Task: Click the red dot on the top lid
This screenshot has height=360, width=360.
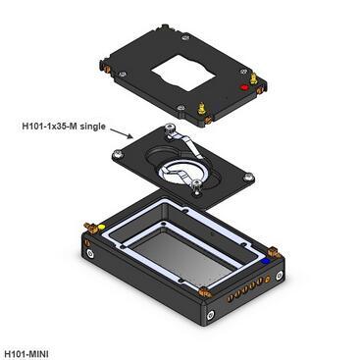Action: pos(244,87)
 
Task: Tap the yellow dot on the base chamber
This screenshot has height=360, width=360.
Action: pos(101,227)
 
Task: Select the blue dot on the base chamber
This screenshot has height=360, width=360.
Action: pos(266,261)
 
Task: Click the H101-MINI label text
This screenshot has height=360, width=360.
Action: pos(26,354)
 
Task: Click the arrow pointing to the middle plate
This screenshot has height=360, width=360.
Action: pos(122,133)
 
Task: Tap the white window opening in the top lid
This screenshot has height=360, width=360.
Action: pos(183,73)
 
